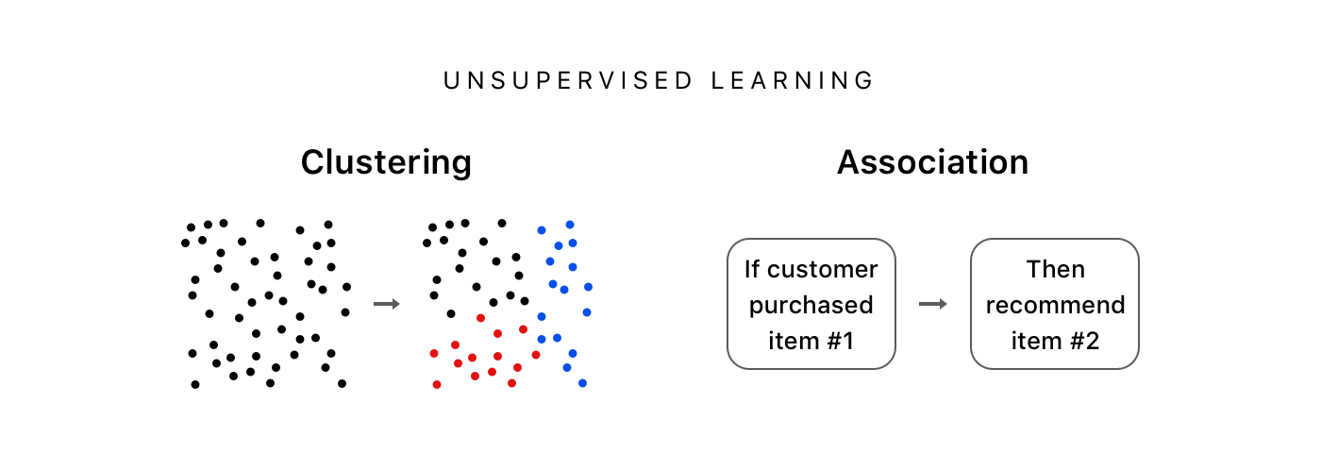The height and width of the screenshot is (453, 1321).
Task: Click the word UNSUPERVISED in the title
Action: [x=568, y=81]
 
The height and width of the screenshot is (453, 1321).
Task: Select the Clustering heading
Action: [x=386, y=162]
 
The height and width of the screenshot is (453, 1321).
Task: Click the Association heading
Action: [x=932, y=162]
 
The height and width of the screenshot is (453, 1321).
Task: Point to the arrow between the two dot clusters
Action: [x=386, y=304]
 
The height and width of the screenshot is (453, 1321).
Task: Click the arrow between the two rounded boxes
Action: [x=932, y=304]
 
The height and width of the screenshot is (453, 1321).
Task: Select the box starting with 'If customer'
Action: [x=811, y=304]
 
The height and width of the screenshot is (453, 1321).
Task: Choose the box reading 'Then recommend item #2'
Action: [x=1055, y=304]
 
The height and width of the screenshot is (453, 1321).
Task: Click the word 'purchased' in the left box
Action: [x=811, y=305]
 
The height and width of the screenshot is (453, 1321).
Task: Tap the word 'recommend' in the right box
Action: [x=1055, y=305]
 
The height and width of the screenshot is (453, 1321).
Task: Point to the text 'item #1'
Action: [x=811, y=341]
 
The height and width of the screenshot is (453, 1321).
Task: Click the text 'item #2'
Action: [x=1055, y=341]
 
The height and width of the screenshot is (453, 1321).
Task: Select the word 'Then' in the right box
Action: [x=1055, y=270]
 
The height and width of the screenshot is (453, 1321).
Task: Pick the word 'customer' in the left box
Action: [x=823, y=270]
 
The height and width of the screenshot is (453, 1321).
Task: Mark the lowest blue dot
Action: [x=582, y=383]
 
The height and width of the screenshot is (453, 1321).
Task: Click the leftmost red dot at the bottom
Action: [x=436, y=384]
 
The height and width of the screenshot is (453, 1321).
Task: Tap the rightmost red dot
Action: [x=536, y=355]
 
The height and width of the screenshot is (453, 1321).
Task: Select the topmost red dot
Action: [x=480, y=318]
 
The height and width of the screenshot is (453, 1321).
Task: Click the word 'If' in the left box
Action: [x=752, y=270]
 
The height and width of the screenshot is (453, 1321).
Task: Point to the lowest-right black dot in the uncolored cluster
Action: [x=342, y=383]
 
